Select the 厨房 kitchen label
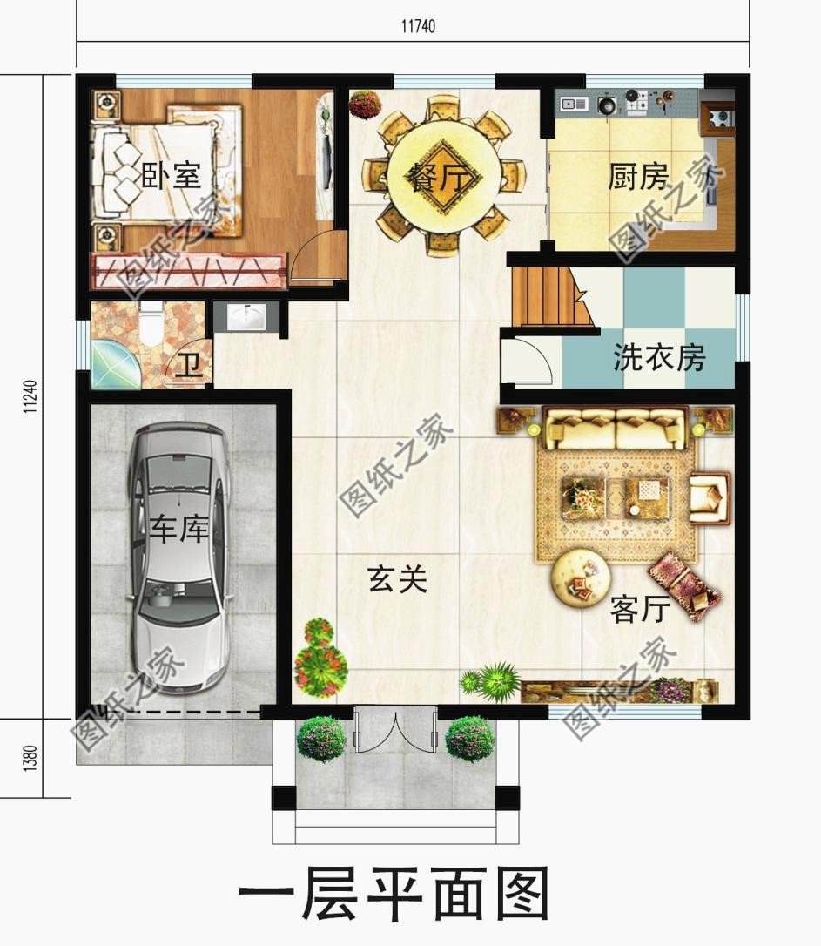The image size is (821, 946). point(638,178)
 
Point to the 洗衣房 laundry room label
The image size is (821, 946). point(659,357)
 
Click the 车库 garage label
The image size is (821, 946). point(178,530)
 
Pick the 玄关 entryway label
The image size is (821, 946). point(398,579)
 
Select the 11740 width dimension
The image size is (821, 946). point(418,27)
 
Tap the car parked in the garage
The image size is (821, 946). point(179,557)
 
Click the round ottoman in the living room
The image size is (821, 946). point(582,575)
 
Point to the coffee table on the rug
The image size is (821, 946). point(615,497)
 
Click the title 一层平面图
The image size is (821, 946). point(394,895)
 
